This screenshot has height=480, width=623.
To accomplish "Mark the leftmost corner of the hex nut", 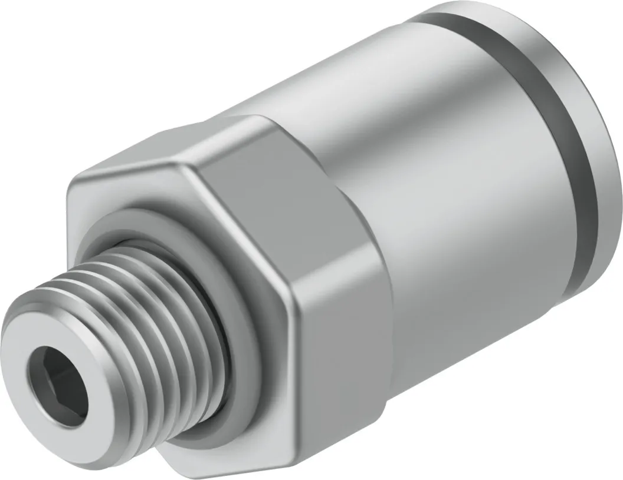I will [x=68, y=188].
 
